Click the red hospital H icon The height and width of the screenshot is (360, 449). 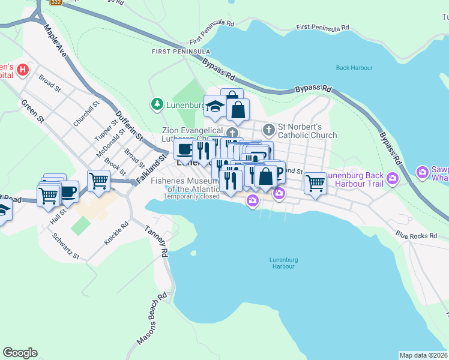click(x=23, y=70)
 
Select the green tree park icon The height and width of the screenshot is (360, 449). click(x=157, y=104)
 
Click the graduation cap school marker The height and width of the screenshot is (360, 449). click(x=215, y=107)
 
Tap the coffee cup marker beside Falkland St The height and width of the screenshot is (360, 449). click(x=184, y=149)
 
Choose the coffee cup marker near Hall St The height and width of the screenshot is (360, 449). click(x=68, y=192)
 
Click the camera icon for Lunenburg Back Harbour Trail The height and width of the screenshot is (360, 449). click(x=393, y=178)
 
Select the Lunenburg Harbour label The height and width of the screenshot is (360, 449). click(x=284, y=263)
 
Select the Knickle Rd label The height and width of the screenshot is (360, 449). click(x=116, y=233)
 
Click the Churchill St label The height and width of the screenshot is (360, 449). click(x=85, y=114)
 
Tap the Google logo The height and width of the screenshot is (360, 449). click(x=20, y=353)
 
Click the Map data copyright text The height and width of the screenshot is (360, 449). click(x=423, y=355)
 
